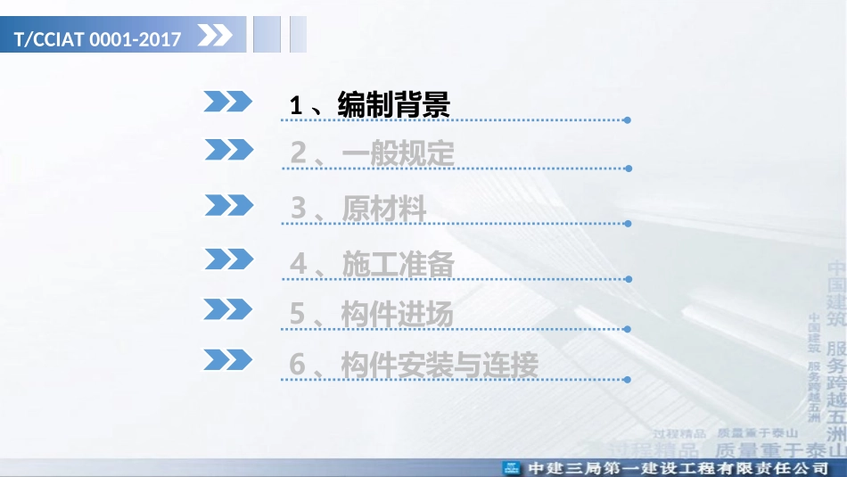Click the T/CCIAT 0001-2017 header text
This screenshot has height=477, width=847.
pos(98,39)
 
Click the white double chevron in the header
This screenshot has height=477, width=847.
pos(214,37)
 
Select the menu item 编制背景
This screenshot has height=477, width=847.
pos(394,105)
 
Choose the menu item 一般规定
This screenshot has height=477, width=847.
pos(398,154)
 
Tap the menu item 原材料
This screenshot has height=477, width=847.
pos(384,209)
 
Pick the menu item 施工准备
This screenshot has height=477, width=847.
pos(398,264)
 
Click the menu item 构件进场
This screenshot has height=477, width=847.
pos(398,314)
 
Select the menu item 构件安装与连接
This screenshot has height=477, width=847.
pos(440,365)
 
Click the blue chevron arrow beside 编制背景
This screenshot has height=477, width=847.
pos(228,102)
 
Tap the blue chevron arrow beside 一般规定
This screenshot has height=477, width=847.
pos(229,150)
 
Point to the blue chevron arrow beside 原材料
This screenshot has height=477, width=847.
pos(229,205)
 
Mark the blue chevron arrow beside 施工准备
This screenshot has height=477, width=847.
pos(229,259)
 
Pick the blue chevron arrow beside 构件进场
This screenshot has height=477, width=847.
pos(228,308)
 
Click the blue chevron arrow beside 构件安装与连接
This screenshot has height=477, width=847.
pos(228,359)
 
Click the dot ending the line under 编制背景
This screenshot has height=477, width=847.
pos(628,119)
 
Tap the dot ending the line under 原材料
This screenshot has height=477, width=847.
pos(629,223)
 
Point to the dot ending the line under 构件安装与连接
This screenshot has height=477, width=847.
pos(629,379)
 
